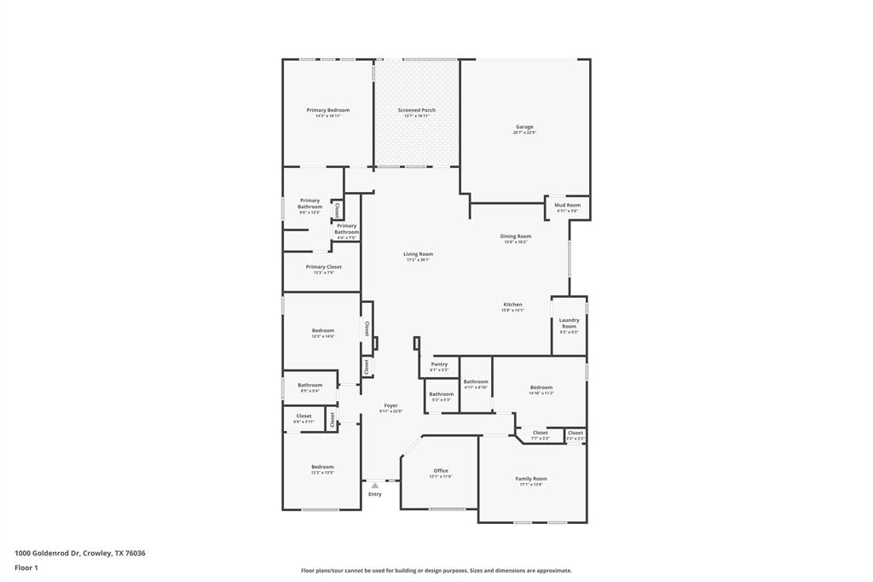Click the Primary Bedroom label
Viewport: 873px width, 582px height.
(x=328, y=111)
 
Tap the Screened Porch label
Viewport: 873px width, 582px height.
(x=417, y=111)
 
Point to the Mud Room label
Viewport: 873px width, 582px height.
(x=568, y=206)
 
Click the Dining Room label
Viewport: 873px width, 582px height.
(x=515, y=237)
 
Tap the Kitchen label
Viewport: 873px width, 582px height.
(x=512, y=306)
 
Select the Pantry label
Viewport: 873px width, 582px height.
(x=439, y=365)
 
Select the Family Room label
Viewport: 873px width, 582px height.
(x=531, y=480)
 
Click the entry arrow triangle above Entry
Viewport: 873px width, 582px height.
(x=374, y=486)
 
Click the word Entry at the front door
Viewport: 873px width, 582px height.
(x=375, y=494)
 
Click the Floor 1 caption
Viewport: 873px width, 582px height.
(x=26, y=567)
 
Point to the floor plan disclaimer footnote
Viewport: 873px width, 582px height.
(x=436, y=571)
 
